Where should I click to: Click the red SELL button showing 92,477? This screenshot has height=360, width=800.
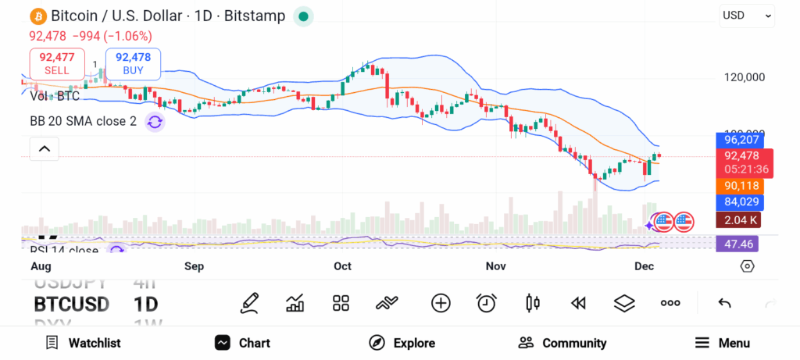(56, 63)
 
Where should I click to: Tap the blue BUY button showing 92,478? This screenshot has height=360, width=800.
(133, 63)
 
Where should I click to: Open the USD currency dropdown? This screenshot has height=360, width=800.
(747, 15)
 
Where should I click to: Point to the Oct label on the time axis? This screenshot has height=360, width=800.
(342, 266)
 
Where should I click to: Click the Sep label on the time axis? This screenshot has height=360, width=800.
(194, 266)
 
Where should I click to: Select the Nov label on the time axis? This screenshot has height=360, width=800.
(495, 266)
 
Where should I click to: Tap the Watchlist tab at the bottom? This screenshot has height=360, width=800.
(83, 343)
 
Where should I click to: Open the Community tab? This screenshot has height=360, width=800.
(562, 343)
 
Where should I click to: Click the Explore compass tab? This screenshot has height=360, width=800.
(402, 343)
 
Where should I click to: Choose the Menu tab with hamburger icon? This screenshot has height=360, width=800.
(722, 343)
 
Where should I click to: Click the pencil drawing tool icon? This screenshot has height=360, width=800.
(249, 303)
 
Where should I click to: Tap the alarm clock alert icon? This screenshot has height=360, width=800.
(487, 303)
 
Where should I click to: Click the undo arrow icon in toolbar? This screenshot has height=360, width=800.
(724, 303)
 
